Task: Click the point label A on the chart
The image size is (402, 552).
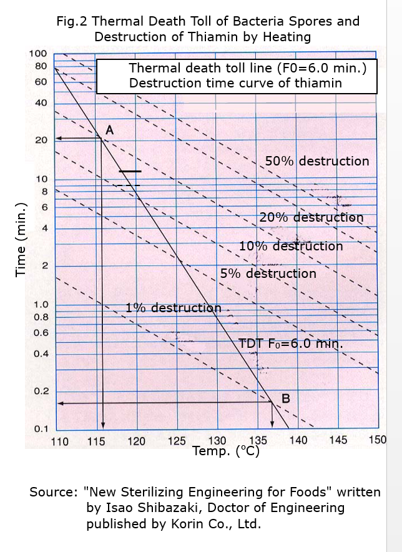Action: point(109,130)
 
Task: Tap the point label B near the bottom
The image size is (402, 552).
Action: point(285,398)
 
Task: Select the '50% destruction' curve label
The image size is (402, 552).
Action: point(317,161)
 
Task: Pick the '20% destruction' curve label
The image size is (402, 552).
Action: point(311,217)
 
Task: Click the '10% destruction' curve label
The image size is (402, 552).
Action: point(291,246)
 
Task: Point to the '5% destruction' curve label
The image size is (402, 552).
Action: point(268,274)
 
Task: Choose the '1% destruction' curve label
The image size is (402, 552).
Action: point(173,308)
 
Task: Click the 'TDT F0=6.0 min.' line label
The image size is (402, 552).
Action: point(291,343)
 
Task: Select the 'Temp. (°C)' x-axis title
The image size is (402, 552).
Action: point(226,451)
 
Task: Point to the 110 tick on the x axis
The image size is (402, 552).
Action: point(59,441)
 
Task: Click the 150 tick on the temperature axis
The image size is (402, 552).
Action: point(377,440)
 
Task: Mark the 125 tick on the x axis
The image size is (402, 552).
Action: point(177,441)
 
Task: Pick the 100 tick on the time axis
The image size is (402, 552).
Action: point(38,54)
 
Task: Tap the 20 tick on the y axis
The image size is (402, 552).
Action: point(41,140)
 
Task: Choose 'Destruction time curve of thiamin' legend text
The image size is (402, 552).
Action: point(235,83)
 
